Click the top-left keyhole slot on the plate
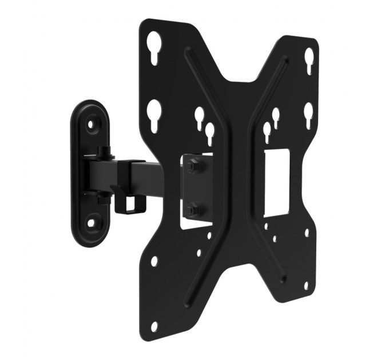[154, 43]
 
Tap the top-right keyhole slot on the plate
[309, 58]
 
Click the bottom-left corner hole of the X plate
[153, 326]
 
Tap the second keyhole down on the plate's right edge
[308, 111]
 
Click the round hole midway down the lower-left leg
[154, 261]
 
